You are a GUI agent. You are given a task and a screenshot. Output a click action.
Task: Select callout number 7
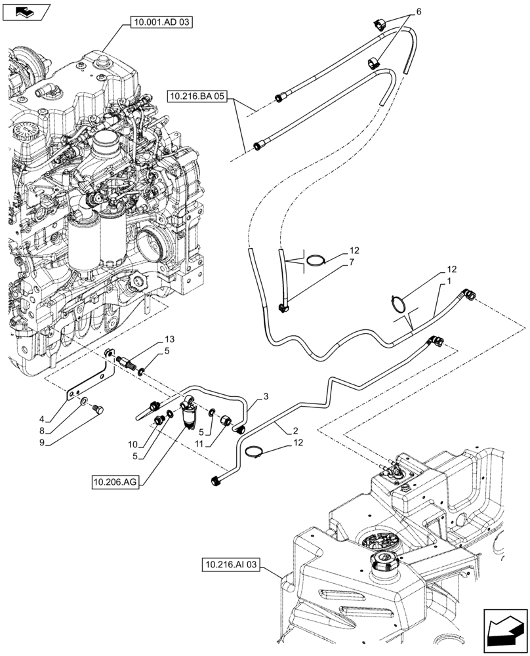[x=352, y=262]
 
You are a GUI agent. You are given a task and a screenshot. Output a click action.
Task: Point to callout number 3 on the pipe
[x=266, y=396]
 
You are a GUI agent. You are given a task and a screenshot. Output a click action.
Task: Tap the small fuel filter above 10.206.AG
[x=192, y=417]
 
